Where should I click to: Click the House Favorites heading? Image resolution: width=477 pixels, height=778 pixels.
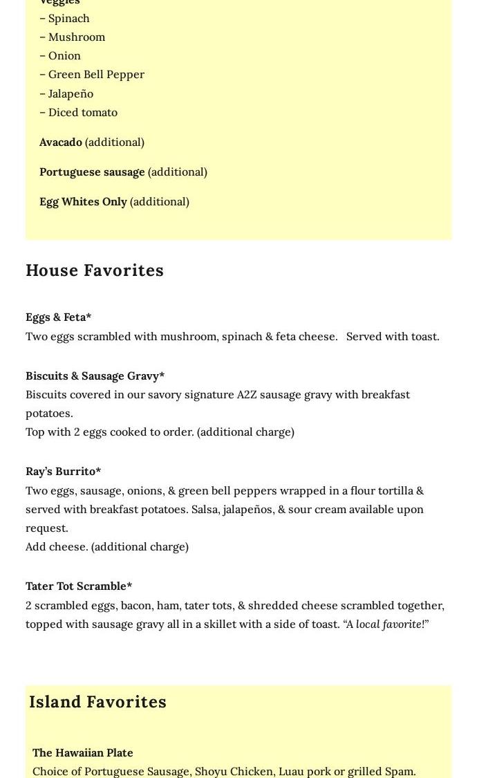[95, 270]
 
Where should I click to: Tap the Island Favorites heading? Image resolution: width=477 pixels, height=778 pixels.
[97, 702]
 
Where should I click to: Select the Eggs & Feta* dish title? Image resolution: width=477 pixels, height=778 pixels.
[59, 317]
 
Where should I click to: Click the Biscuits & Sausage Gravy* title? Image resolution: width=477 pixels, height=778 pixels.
[95, 376]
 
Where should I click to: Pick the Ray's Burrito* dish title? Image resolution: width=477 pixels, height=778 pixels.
[63, 472]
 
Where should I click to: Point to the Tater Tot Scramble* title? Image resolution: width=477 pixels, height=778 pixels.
[79, 586]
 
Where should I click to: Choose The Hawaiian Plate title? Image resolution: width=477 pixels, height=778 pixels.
[82, 752]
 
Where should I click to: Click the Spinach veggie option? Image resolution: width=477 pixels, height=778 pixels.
[68, 19]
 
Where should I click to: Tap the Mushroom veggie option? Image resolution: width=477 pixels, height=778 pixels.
[75, 37]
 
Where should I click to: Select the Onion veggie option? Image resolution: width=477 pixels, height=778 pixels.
[64, 56]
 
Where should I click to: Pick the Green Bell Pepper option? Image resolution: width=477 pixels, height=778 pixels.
[95, 75]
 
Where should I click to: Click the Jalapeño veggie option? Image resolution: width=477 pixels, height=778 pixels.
[70, 93]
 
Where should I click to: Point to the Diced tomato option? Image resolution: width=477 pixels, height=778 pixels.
[82, 112]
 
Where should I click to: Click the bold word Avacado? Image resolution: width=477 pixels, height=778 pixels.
[61, 142]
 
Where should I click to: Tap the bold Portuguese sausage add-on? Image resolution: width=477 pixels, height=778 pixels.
[92, 172]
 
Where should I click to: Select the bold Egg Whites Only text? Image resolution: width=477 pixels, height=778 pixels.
[83, 202]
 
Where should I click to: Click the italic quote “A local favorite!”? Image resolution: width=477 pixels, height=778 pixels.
[386, 624]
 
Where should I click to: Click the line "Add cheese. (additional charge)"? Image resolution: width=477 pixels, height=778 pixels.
[107, 547]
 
